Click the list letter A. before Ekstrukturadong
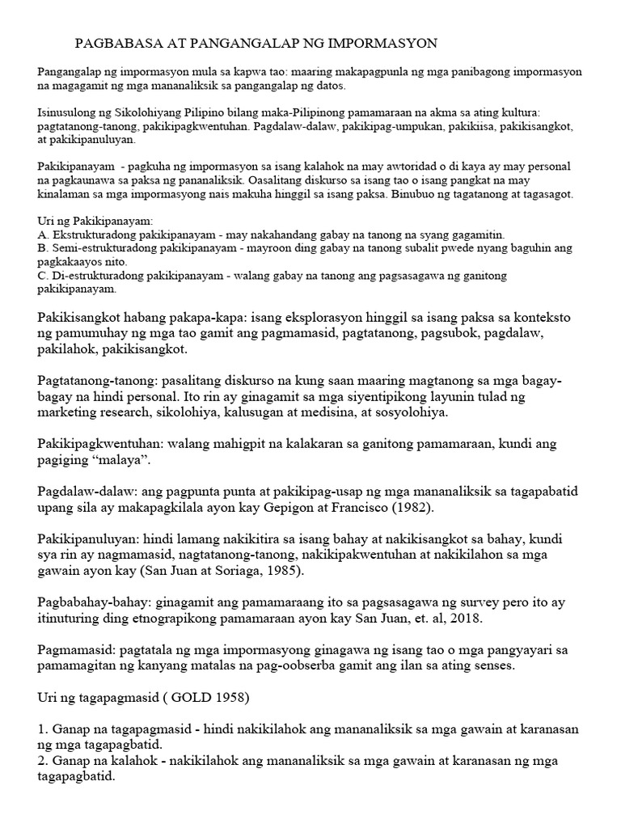[43, 234]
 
